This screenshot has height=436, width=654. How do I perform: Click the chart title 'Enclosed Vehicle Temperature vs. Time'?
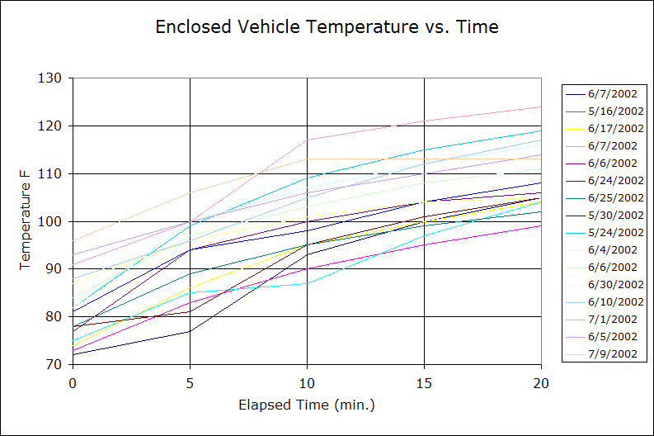[327, 27]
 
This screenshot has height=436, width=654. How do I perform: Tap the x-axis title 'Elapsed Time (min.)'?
[306, 405]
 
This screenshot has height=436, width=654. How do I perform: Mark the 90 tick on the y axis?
[54, 269]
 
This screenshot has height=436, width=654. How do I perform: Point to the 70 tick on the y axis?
[54, 364]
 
